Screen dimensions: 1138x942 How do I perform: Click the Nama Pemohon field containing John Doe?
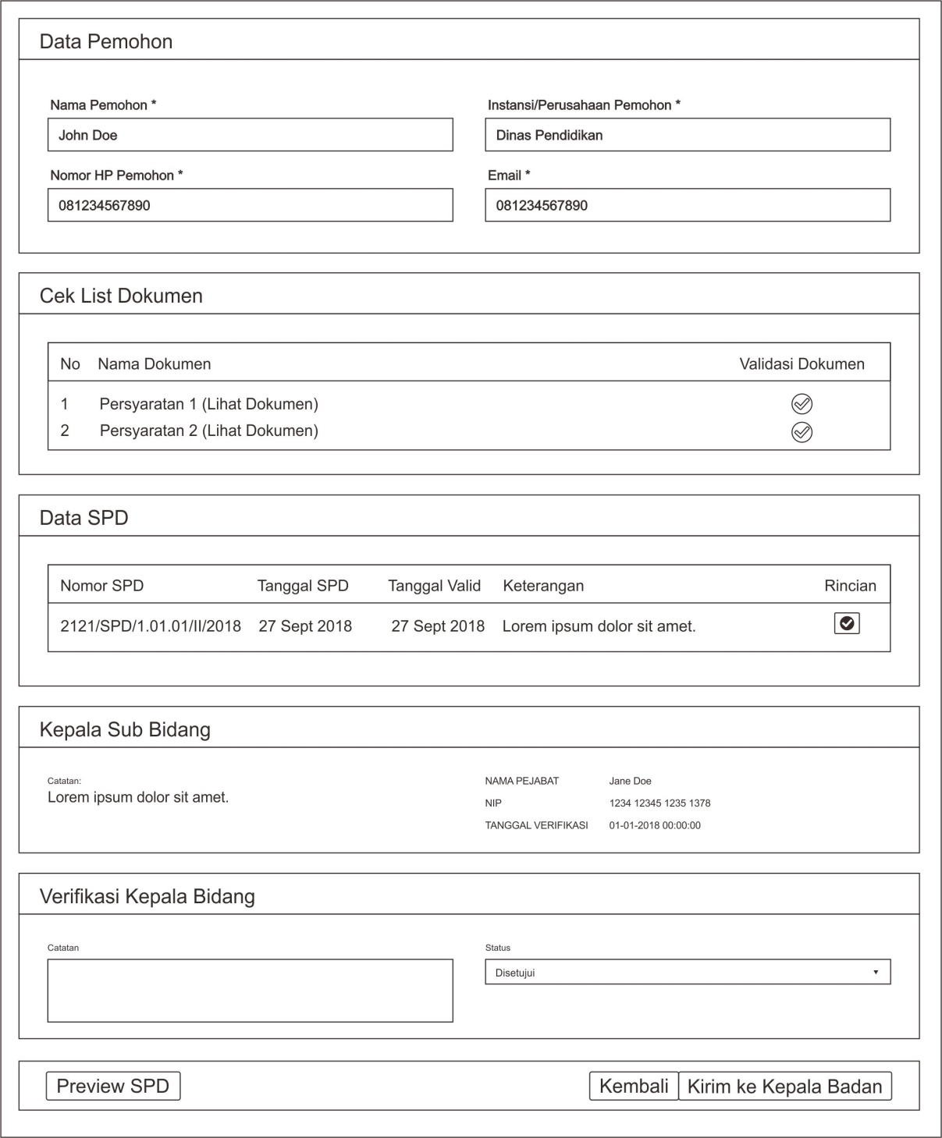coord(250,135)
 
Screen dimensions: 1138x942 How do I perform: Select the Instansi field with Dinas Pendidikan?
coord(687,135)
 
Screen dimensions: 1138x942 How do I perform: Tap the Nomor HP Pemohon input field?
coord(250,205)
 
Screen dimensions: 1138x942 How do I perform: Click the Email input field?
coord(687,205)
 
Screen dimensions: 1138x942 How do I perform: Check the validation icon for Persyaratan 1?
coord(802,404)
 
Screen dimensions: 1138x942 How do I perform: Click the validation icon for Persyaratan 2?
coord(802,432)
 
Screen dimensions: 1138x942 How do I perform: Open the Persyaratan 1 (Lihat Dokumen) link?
coord(208,404)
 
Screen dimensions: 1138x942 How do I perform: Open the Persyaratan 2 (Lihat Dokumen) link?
coord(208,431)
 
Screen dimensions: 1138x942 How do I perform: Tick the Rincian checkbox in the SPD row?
coord(847,623)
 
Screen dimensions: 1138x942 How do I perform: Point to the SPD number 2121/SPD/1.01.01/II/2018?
coord(151,626)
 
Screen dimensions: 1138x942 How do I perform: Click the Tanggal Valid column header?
coord(434,586)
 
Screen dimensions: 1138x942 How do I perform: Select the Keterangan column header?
coord(543,586)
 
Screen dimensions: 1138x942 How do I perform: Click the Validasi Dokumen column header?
coord(802,364)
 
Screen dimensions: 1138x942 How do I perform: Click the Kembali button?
coord(634,1087)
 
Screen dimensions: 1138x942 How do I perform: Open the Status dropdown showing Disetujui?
coord(687,973)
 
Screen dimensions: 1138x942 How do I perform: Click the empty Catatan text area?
coord(250,991)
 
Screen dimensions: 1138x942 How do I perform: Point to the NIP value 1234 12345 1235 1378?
coord(659,803)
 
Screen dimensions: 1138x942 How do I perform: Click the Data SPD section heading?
coord(84,518)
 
